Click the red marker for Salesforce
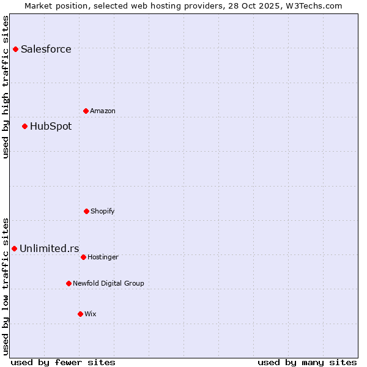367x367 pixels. point(15,49)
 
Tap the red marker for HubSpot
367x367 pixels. point(24,126)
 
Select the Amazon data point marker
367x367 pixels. point(86,111)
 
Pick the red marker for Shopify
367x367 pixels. point(86,211)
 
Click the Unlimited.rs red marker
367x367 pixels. point(14,248)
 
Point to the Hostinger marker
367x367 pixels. point(83,257)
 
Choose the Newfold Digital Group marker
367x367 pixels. point(69,283)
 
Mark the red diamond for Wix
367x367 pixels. point(80,314)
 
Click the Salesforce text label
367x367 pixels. point(46,49)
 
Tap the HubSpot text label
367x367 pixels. point(51,126)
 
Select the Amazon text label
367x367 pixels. point(103,111)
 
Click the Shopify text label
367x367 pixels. point(103,211)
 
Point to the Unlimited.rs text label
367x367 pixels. point(50,248)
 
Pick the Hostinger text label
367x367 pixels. point(103,257)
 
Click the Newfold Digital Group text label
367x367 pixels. point(108,283)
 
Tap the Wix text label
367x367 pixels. point(91,314)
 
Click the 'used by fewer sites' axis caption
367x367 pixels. point(63,362)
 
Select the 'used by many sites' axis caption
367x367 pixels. point(307,362)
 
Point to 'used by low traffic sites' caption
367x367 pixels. point(6,286)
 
